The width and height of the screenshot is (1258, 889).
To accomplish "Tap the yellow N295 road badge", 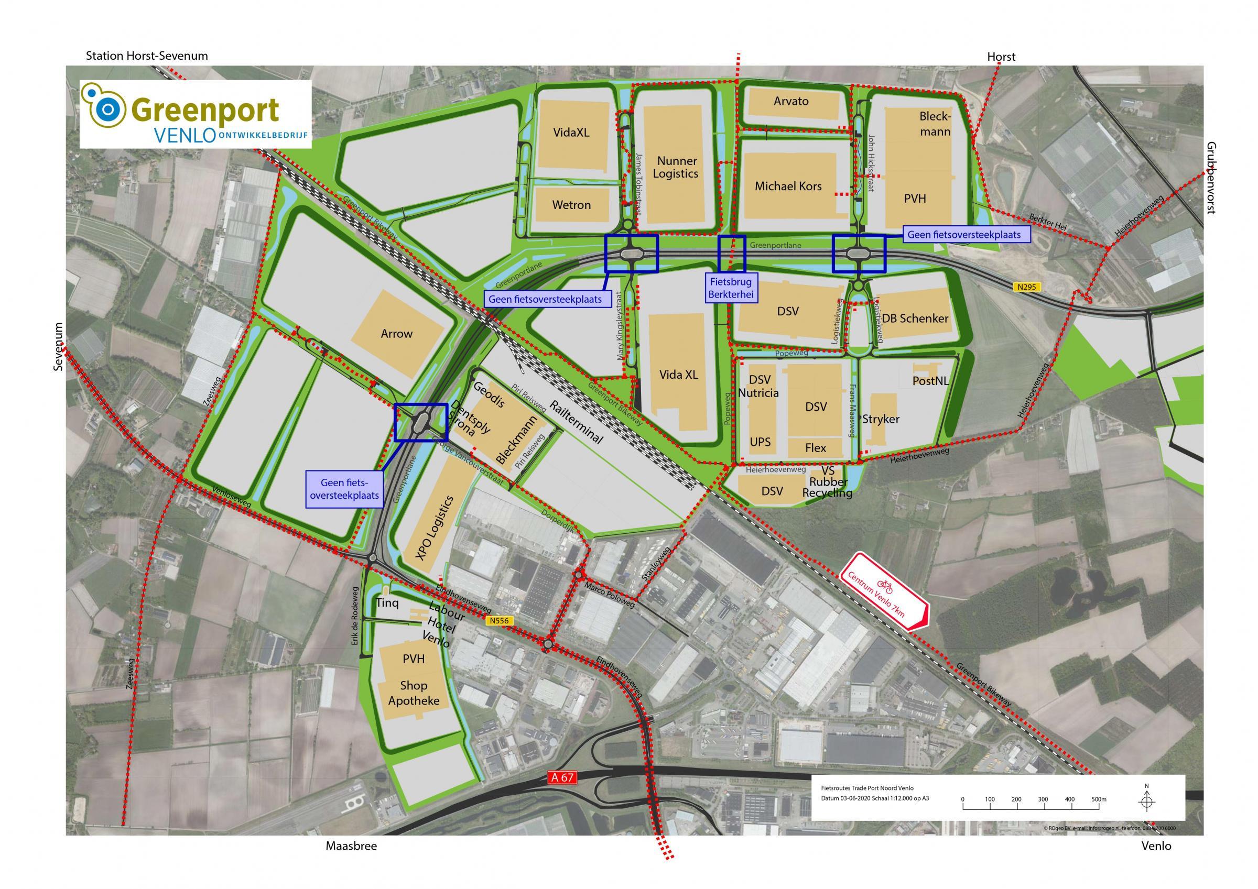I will [x=1026, y=287].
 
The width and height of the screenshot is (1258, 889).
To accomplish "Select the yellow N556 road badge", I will [x=498, y=621].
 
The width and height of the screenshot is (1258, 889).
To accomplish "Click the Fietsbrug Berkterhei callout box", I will [x=731, y=288].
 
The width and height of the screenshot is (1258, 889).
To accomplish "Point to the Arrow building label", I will [x=396, y=334].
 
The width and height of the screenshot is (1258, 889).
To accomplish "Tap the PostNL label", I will [x=930, y=381].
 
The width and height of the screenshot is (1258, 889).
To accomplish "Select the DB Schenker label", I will [x=915, y=318].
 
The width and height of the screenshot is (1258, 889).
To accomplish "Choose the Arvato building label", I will [x=790, y=101].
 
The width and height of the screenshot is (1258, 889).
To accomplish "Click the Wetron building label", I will [x=571, y=205].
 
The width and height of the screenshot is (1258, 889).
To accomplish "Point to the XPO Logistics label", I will [x=435, y=527].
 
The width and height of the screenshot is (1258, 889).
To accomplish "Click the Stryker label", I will [x=881, y=419].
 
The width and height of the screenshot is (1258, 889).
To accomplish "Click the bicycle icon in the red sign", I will [x=885, y=587].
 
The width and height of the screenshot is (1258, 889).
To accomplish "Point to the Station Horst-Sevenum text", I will [x=147, y=56].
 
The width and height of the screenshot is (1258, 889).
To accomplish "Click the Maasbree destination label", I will [x=351, y=846].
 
